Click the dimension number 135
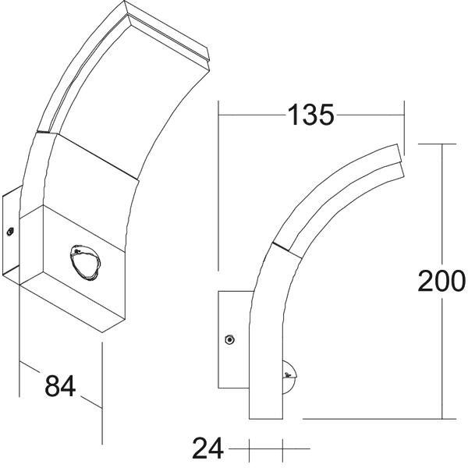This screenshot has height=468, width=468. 310,115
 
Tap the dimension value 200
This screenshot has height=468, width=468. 441,281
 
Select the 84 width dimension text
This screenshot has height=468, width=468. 60,385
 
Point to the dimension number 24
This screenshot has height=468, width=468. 207,448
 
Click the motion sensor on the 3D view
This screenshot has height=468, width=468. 85,263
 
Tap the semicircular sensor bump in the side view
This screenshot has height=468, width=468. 290,377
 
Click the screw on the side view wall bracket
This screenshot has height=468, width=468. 229,339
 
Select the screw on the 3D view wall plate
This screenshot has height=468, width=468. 10,232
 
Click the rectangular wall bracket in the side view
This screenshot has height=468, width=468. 233,339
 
